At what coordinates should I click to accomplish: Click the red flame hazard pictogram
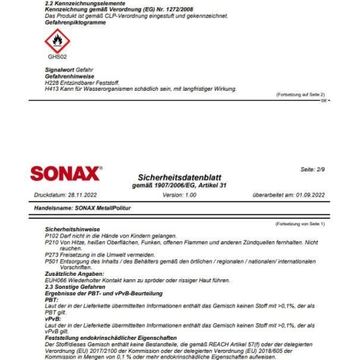pyautogui.click(x=57, y=41)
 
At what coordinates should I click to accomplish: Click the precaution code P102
pyautogui.click(x=53, y=236)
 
